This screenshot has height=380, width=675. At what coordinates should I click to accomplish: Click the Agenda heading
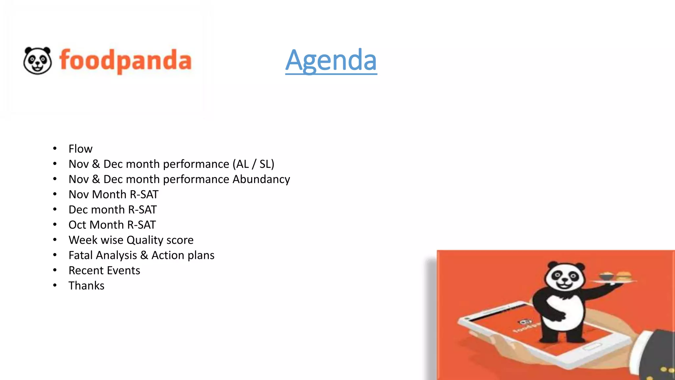tap(331, 60)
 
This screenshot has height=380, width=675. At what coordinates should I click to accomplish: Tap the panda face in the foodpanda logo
tap(38, 60)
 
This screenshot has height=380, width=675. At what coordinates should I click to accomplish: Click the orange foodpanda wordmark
tap(125, 61)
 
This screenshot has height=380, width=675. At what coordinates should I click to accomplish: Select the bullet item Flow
tap(80, 149)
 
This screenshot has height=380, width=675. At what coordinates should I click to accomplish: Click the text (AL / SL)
tap(253, 164)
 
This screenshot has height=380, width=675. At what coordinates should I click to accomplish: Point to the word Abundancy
tap(261, 179)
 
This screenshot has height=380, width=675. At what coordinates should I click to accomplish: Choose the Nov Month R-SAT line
tap(113, 194)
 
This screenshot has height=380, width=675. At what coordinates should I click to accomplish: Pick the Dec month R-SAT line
tap(112, 209)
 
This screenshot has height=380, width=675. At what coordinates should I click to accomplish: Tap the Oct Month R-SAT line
tap(112, 225)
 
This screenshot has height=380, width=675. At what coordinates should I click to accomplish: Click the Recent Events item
tap(104, 270)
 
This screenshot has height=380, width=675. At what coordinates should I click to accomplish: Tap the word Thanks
tap(86, 286)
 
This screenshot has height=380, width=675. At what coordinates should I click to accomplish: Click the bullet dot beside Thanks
tap(55, 285)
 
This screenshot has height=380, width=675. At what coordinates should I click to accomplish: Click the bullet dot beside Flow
tap(55, 148)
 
